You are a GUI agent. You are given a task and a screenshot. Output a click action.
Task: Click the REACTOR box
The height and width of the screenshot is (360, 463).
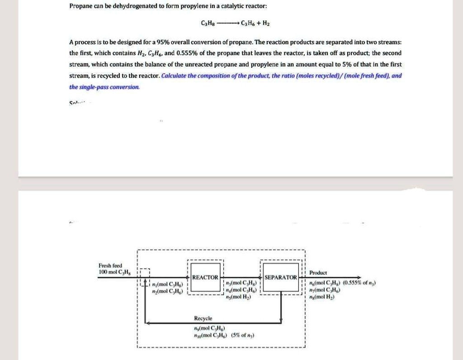(205, 277)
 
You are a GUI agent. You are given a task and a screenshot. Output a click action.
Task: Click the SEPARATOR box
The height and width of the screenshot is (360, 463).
(281, 277)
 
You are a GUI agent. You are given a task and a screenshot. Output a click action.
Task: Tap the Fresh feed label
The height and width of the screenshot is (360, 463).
(110, 265)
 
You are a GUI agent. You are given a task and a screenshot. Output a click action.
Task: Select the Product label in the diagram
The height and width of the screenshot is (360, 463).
(318, 273)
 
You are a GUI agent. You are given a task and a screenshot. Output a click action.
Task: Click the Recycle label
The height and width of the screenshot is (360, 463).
(203, 318)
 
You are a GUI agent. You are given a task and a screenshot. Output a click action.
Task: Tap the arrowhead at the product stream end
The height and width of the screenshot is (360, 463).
(359, 277)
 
